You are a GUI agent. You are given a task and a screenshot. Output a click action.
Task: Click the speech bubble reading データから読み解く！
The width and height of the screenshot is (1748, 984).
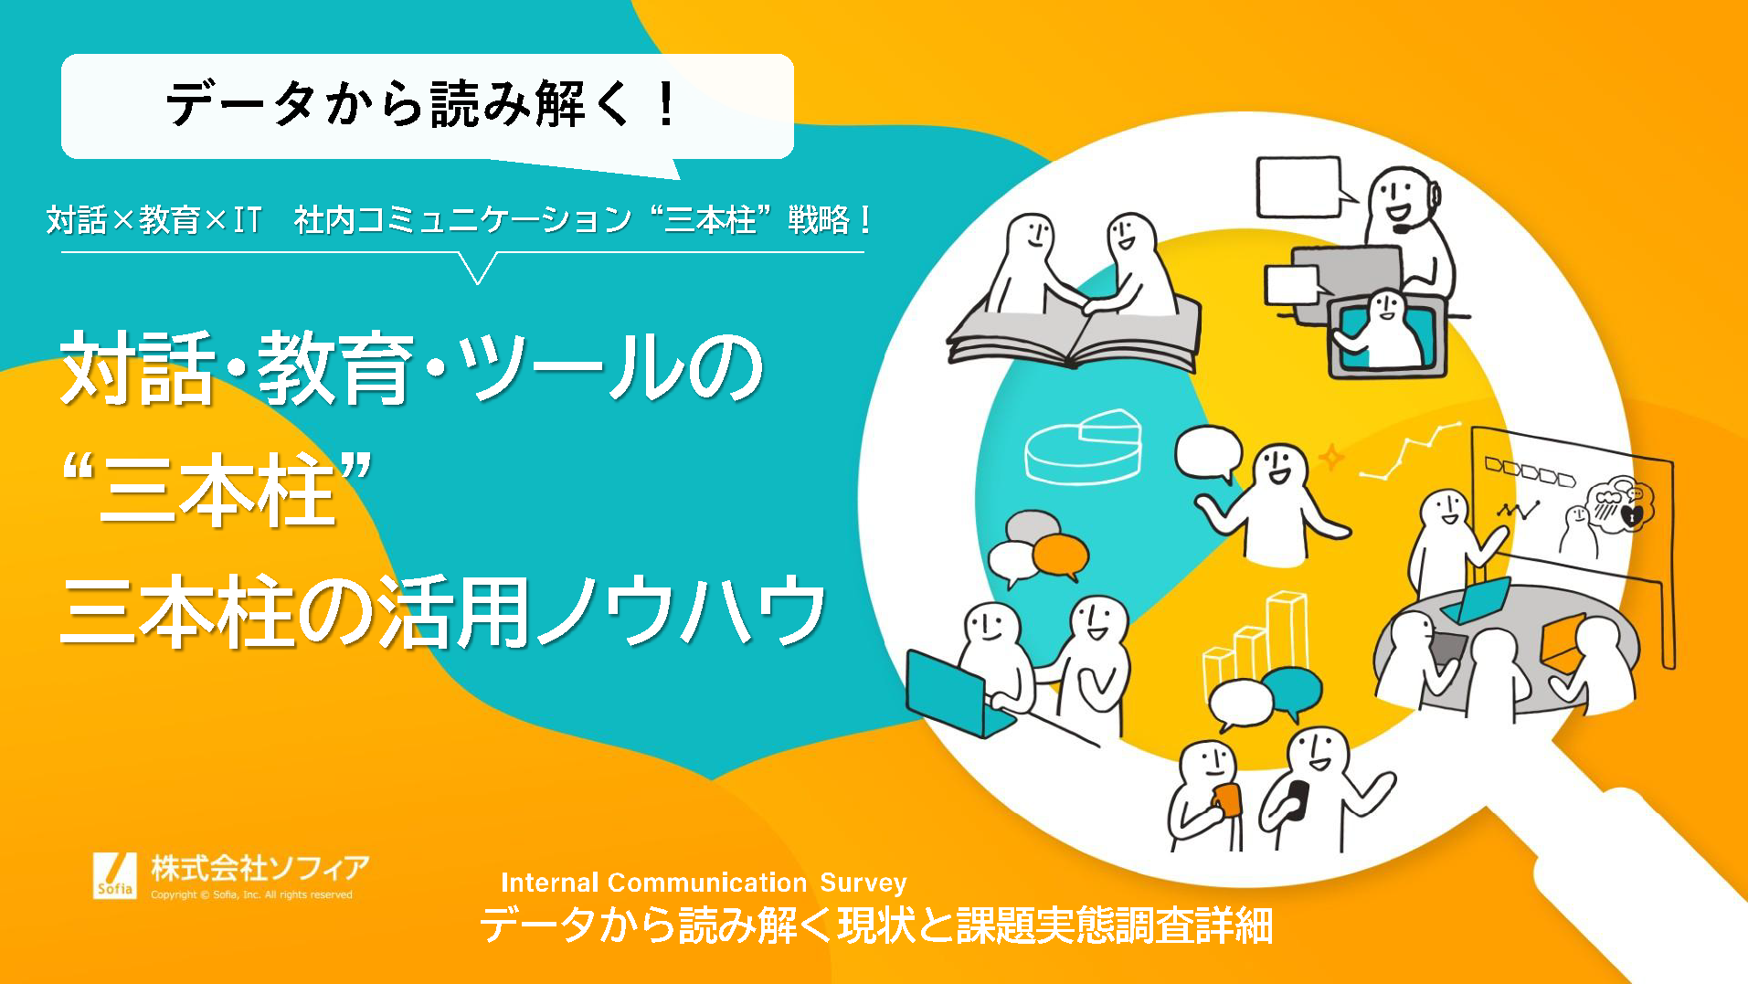428,108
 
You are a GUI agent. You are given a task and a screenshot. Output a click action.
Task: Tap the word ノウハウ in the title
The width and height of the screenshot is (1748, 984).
680,610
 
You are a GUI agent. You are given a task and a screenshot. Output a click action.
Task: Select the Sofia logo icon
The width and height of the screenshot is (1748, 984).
115,875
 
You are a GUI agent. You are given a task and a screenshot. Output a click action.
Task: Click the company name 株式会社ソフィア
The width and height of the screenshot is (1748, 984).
260,866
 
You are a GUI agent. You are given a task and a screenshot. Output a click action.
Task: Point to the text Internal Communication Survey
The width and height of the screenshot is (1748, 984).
704,883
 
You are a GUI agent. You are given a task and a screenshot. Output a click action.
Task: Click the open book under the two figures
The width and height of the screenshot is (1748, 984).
1075,333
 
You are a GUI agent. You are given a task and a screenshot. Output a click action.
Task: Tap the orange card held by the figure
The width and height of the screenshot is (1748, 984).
1226,799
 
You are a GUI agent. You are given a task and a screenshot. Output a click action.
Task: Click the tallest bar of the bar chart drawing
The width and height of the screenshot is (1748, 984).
1287,636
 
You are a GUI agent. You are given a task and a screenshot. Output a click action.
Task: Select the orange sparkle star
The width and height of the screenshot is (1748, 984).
1331,456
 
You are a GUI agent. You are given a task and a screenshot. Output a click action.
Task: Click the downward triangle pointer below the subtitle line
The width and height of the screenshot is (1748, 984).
477,268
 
